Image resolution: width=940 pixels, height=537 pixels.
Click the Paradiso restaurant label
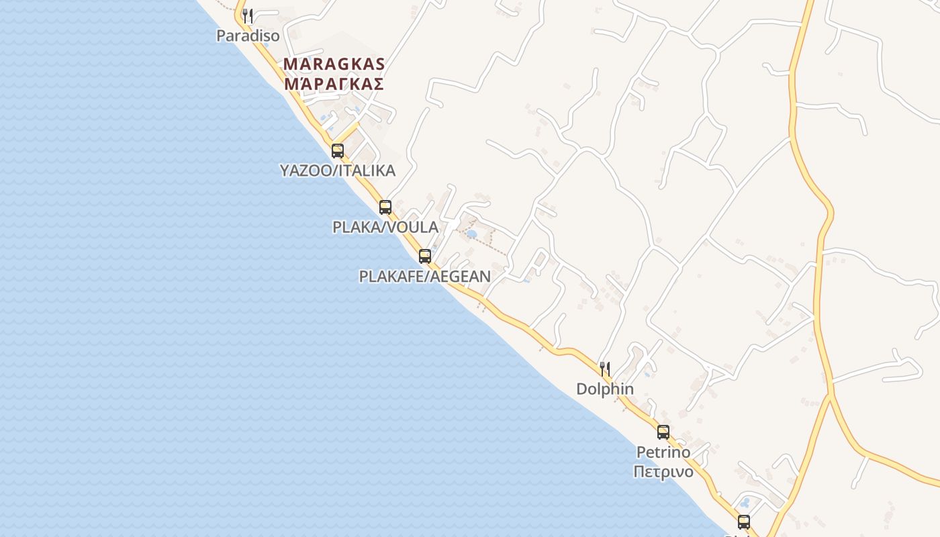247,36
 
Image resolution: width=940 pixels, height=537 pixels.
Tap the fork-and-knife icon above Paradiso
248,15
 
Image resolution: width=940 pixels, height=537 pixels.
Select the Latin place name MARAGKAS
334,64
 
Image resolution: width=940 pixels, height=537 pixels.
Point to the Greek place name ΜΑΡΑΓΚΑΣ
334,84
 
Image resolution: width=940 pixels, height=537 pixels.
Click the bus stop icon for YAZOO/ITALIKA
338,151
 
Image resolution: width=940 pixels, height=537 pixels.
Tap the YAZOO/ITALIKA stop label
338,170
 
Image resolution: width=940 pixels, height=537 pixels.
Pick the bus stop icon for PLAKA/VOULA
385,207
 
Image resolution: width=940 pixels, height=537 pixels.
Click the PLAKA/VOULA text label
385,227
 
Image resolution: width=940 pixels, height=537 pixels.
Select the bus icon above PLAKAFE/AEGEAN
424,256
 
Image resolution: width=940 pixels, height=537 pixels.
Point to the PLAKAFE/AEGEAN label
425,276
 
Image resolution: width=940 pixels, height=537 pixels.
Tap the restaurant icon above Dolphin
605,369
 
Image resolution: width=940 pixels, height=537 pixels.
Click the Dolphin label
605,389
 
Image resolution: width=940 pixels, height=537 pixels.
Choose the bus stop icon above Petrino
663,432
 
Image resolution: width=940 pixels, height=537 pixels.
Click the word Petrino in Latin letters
663,452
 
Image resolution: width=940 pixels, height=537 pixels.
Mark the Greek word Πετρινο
663,471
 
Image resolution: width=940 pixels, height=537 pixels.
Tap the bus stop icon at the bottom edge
743,522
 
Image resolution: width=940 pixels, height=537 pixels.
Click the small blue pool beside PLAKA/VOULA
471,234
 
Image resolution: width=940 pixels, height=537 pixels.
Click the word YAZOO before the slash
306,170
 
